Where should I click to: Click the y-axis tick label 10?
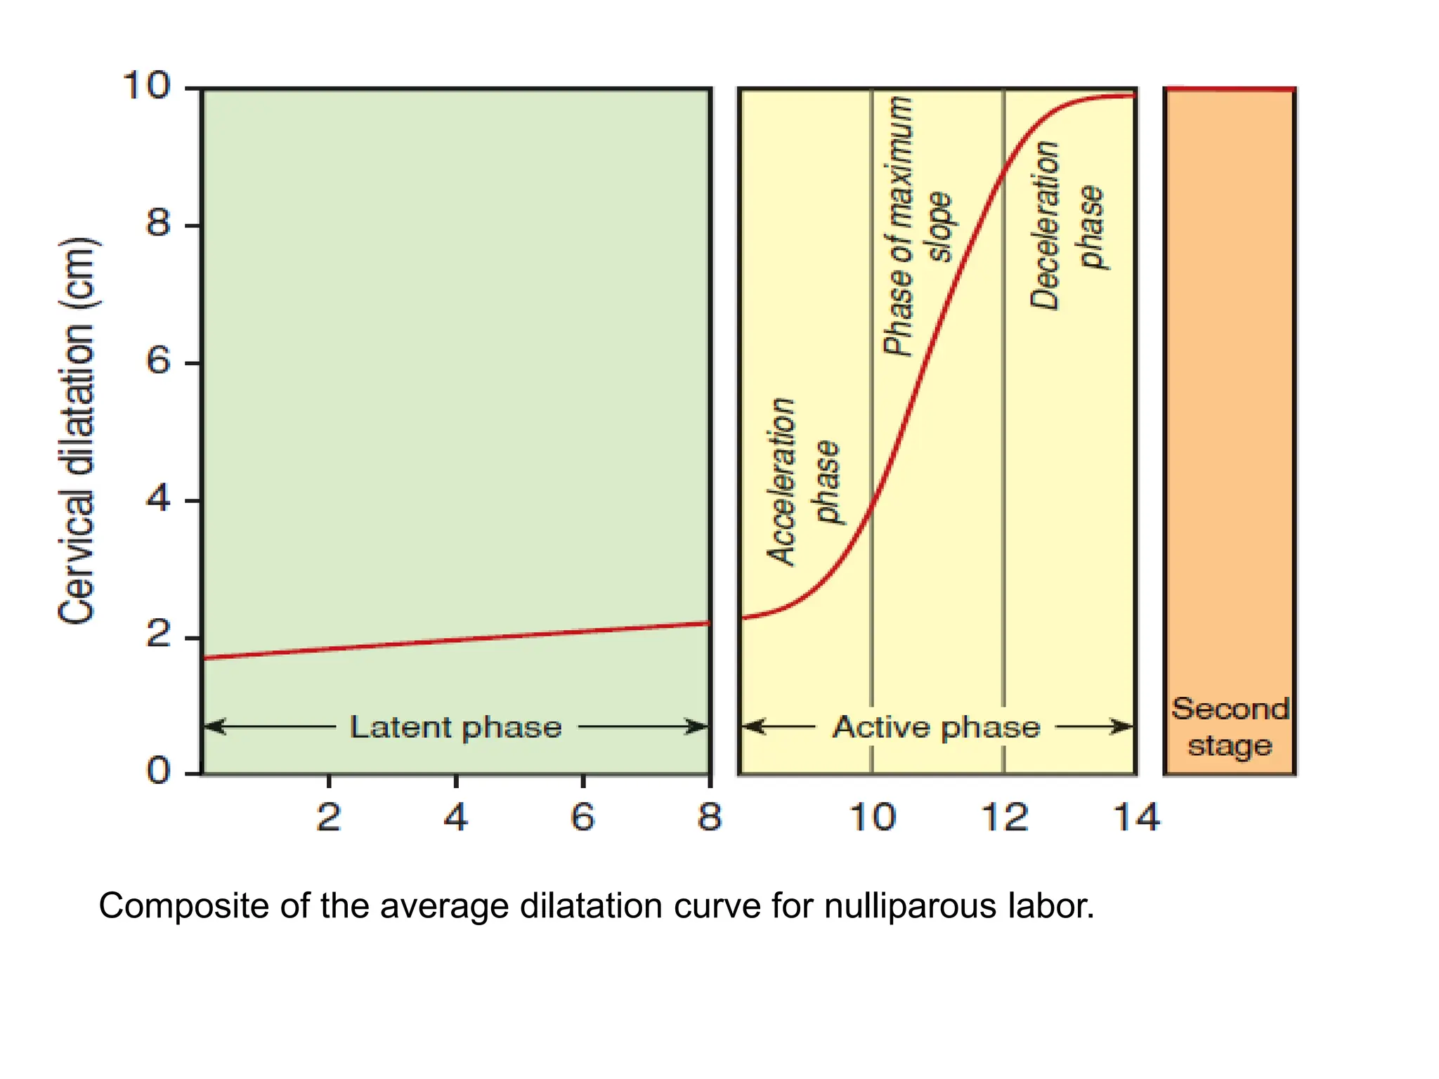[x=146, y=86]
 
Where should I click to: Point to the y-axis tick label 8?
[x=158, y=223]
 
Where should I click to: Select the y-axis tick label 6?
[x=158, y=361]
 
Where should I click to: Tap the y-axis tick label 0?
[x=158, y=771]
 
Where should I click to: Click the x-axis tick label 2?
[x=328, y=817]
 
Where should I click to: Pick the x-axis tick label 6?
[x=582, y=817]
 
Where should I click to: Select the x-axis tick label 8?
[x=710, y=817]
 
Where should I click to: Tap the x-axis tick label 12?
[x=1004, y=817]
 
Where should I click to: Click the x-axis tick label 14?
[x=1136, y=817]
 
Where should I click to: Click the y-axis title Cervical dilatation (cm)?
[x=77, y=431]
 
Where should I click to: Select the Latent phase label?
[x=456, y=727]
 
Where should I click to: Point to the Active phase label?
[x=936, y=727]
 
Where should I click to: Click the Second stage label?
[x=1230, y=727]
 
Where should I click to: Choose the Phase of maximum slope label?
[x=917, y=226]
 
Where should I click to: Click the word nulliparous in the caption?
[x=911, y=907]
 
